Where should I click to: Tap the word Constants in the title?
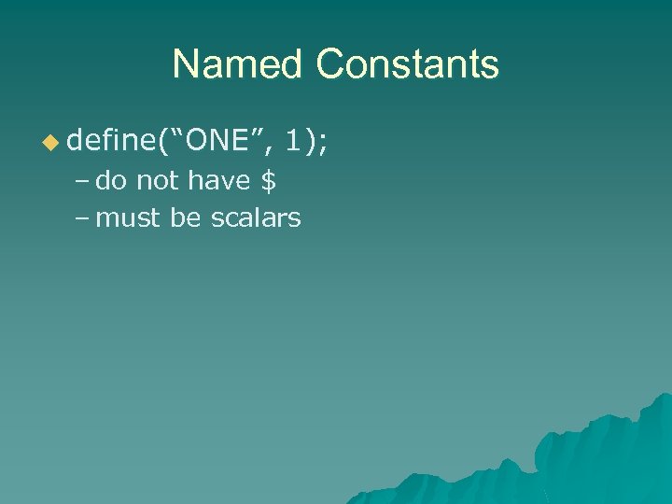click(x=407, y=65)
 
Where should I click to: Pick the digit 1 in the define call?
click(x=295, y=141)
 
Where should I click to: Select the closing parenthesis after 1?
click(x=310, y=142)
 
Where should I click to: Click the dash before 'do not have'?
click(x=81, y=181)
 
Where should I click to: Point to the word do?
click(x=112, y=180)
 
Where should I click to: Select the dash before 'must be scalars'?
click(x=81, y=219)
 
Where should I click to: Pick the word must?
click(x=129, y=218)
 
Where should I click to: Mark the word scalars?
click(x=256, y=218)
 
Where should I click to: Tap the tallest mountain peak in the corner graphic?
click(x=665, y=397)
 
